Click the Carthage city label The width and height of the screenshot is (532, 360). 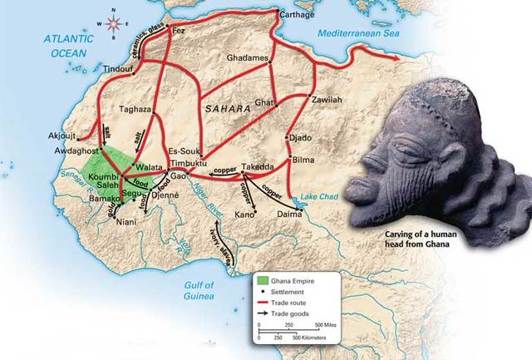pos(295,16)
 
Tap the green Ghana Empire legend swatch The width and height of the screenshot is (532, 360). pos(263,279)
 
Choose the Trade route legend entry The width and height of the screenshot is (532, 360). pos(288,304)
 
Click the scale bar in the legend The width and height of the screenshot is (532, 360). pos(296,330)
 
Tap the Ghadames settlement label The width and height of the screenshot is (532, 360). pos(247,59)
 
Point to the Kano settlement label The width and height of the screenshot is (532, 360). pos(244,215)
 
